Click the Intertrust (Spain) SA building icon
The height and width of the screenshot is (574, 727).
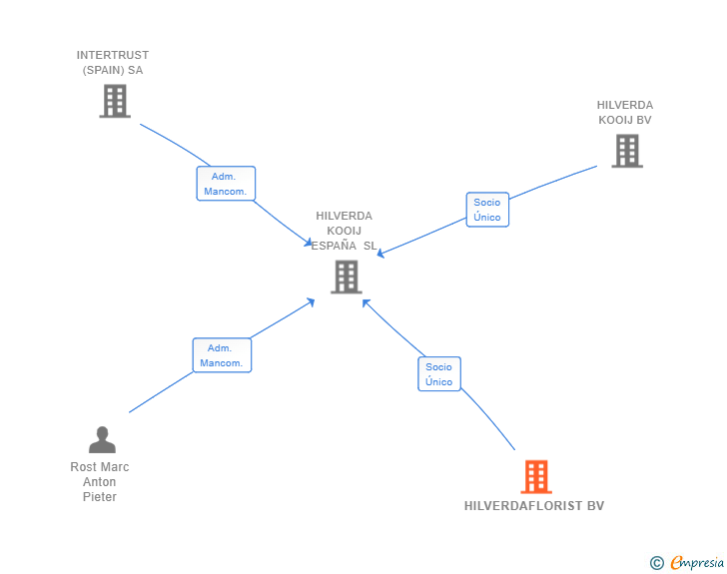point(115,101)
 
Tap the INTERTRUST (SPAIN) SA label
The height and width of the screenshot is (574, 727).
point(113,63)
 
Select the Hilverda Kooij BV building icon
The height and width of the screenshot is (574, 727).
point(626,151)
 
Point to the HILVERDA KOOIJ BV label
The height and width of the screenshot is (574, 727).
point(625,113)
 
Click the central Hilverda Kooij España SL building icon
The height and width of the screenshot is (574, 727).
point(346,277)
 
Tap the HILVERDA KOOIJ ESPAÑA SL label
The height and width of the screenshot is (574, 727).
point(345,231)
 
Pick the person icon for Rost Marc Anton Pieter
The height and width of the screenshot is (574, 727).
point(102,440)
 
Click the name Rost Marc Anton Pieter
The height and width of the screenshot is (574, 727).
point(100,482)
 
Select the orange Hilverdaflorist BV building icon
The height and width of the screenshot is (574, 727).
point(536,477)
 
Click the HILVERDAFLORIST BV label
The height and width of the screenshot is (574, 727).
point(534,506)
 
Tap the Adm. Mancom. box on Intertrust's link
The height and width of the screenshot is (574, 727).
point(226,184)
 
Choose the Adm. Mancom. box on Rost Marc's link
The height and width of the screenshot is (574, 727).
point(222,355)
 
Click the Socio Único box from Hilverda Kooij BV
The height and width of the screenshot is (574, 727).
point(487,210)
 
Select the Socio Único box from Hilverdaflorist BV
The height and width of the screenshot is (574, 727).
point(438,374)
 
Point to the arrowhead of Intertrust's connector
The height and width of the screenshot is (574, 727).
point(310,245)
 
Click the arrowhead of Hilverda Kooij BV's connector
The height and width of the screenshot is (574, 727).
point(380,255)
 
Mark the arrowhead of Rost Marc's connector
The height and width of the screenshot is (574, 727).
point(312,300)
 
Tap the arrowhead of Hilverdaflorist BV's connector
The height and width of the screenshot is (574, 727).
point(365,301)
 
